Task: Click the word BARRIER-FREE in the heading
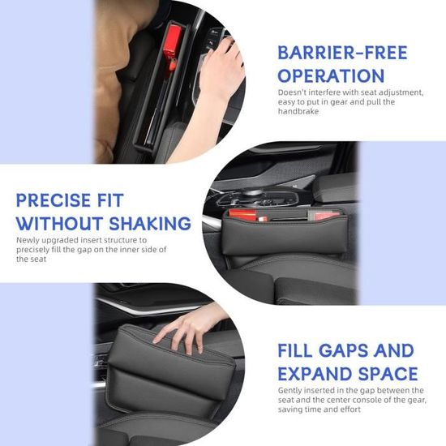click(342, 53)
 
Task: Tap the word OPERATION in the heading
click(331, 75)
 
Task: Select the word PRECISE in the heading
click(53, 200)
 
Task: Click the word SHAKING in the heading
click(150, 223)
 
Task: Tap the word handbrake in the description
click(298, 111)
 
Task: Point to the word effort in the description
click(350, 410)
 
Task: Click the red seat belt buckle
click(173, 45)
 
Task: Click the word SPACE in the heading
click(388, 373)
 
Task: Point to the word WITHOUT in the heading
click(59, 223)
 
